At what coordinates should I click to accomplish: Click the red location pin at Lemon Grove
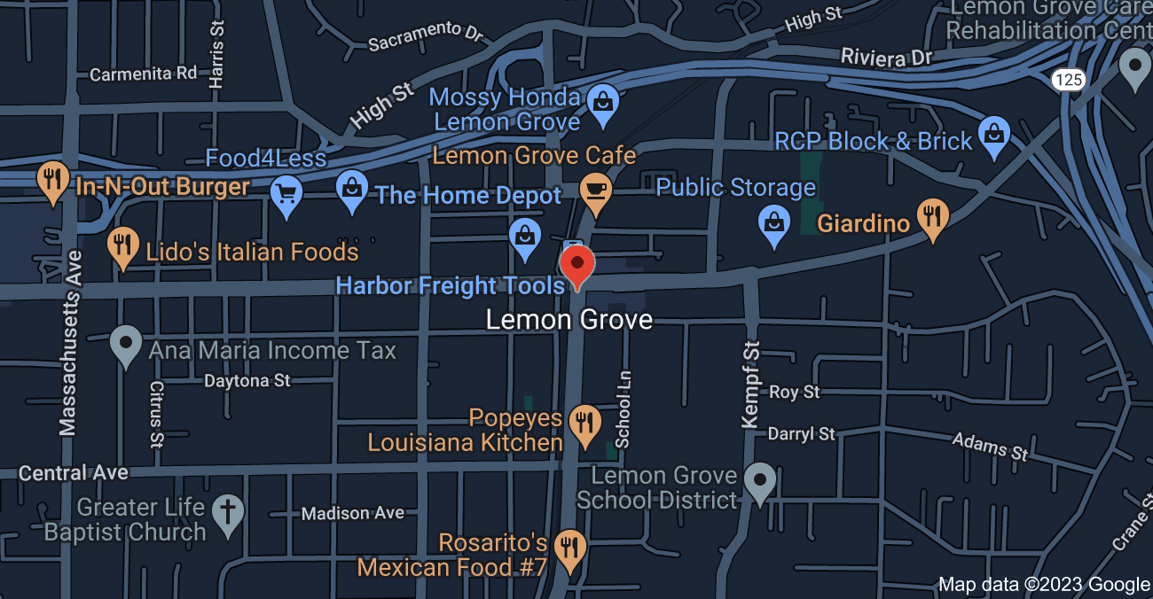(577, 265)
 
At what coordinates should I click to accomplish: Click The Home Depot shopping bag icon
(353, 189)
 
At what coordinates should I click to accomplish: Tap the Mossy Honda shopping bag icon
(603, 102)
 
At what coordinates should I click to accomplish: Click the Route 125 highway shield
(1069, 80)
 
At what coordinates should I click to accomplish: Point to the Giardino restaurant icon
(931, 217)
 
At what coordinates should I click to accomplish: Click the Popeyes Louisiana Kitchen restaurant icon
(584, 423)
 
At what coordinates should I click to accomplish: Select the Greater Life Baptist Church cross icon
(229, 514)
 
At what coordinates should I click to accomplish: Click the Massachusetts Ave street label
(70, 343)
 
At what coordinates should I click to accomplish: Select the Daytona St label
(247, 381)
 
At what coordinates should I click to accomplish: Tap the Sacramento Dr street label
(426, 37)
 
